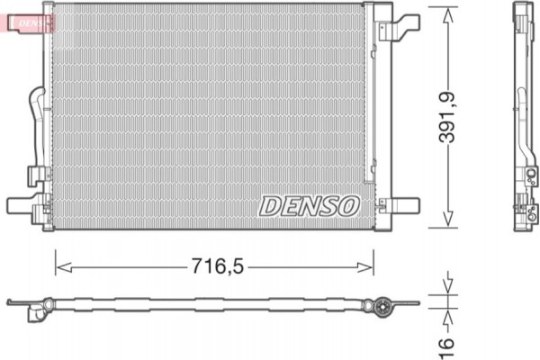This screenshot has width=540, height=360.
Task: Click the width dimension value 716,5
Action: pyautogui.click(x=217, y=266)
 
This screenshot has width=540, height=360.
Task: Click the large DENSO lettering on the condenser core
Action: pyautogui.click(x=309, y=206)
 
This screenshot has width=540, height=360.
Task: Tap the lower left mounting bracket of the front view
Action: pyautogui.click(x=25, y=206)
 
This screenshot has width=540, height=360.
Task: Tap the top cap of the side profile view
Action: pyautogui.click(x=523, y=13)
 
